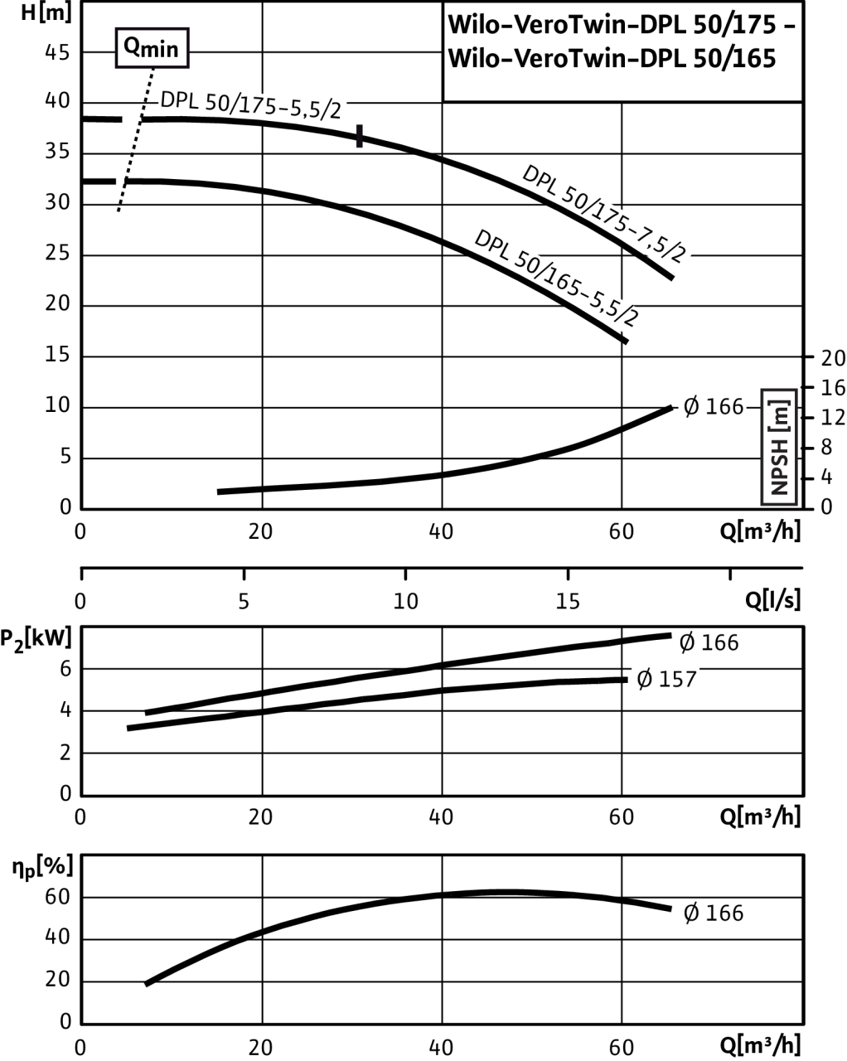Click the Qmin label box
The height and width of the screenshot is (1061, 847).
pos(152,48)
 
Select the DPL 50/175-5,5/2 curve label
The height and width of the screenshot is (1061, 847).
pos(251,106)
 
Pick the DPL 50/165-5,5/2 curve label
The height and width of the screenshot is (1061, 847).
pos(559,281)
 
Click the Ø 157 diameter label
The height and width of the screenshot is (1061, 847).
pos(665,680)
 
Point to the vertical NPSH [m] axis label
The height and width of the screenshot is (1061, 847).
pos(779,447)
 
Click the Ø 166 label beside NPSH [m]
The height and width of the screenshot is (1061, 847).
pos(713,407)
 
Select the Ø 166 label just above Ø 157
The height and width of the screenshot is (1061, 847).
pos(709,642)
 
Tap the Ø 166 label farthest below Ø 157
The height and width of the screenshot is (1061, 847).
pos(713,913)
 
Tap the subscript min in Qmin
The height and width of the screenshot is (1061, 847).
pos(161,51)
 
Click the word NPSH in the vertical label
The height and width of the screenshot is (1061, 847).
pos(779,468)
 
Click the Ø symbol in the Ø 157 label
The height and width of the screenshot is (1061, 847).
pos(645,680)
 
